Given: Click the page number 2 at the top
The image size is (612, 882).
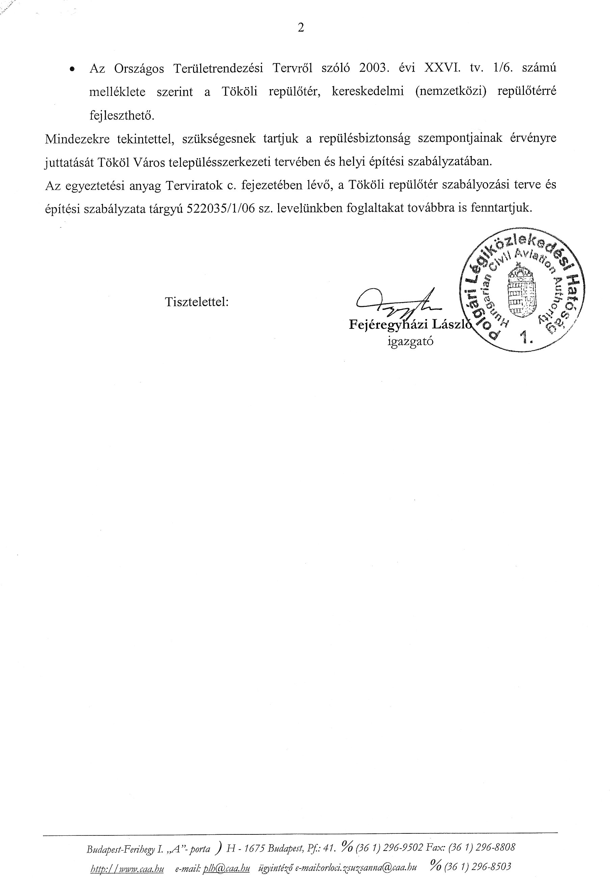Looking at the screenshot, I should click(x=301, y=28).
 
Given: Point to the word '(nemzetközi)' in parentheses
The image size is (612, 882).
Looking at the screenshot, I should click(x=451, y=92).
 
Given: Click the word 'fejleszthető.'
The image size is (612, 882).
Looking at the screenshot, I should click(x=122, y=116).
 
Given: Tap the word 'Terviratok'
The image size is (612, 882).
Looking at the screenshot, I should click(x=194, y=186).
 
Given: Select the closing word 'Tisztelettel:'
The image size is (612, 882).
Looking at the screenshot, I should click(x=197, y=302).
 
